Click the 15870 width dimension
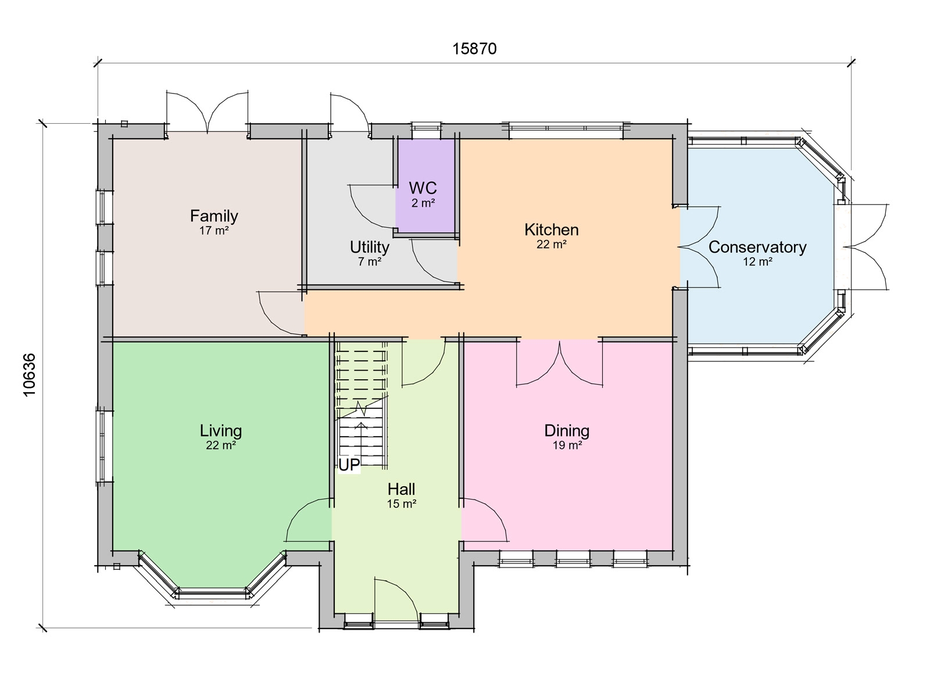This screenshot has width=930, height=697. click(x=474, y=49)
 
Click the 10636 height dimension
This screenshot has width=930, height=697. click(x=30, y=375)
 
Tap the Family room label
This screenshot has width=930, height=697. click(x=214, y=216)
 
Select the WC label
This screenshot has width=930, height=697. click(x=423, y=188)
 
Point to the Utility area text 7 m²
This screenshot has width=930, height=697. click(x=370, y=262)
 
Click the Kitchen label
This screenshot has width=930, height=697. click(x=551, y=229)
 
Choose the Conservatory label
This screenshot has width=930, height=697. click(x=757, y=247)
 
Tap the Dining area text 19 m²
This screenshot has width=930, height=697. click(x=567, y=445)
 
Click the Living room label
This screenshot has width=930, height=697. click(x=220, y=431)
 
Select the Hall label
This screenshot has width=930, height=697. click(x=401, y=489)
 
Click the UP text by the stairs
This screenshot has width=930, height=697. click(x=349, y=465)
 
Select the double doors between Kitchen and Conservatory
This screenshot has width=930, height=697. click(x=700, y=247)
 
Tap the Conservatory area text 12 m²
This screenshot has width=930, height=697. click(x=757, y=262)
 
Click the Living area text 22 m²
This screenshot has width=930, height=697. click(x=220, y=445)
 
